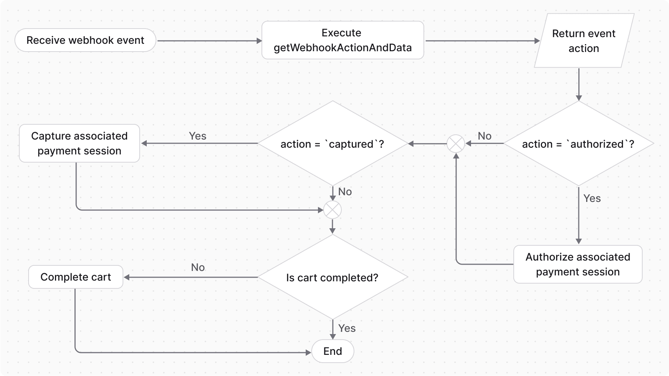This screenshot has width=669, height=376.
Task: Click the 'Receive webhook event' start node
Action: (85, 40)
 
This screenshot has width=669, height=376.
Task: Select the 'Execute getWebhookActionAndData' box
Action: (342, 40)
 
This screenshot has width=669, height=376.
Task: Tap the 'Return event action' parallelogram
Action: (584, 41)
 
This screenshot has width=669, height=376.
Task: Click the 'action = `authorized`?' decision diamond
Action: (578, 144)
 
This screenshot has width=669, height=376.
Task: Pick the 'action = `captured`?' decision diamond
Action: (332, 144)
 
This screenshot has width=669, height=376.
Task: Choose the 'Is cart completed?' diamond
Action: (332, 278)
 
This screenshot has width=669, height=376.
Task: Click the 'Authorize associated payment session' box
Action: (578, 264)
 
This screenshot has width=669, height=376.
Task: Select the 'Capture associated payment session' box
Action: (79, 143)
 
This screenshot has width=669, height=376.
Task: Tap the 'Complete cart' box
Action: (76, 277)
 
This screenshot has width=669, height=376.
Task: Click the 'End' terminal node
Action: (332, 351)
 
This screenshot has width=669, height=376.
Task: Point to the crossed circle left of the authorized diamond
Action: (455, 144)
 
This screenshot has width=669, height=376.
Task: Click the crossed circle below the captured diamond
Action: (332, 210)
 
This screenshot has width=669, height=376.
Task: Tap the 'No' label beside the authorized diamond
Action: (484, 136)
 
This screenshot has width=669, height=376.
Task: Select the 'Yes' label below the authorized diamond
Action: (592, 198)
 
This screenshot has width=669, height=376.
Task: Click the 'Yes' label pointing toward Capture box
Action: (197, 136)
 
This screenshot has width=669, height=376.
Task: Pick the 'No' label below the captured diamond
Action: (345, 192)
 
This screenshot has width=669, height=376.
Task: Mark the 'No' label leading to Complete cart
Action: (198, 267)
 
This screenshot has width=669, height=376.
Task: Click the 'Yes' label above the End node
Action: (347, 328)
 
